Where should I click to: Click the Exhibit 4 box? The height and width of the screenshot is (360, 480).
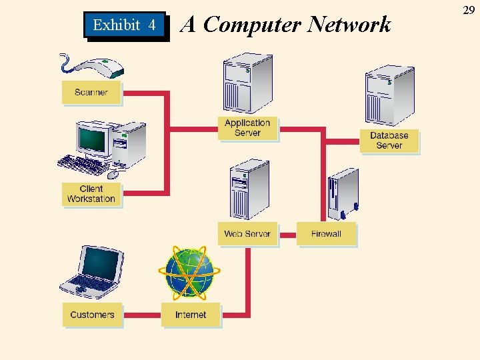(125, 25)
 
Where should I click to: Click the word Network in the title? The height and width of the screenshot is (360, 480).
(350, 25)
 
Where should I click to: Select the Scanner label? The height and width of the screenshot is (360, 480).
(91, 93)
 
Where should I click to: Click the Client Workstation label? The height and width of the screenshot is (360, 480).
(91, 194)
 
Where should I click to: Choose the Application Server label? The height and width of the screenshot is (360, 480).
(247, 128)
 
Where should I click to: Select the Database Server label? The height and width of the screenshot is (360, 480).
(389, 141)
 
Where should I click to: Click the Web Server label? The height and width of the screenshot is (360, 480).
(247, 234)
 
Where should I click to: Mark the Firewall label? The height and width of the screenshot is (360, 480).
(326, 234)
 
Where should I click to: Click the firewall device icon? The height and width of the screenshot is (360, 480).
(343, 193)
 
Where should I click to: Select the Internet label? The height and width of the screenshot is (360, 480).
(191, 315)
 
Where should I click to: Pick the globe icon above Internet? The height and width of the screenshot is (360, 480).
(189, 272)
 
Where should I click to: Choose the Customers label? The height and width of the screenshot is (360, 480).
(93, 315)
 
